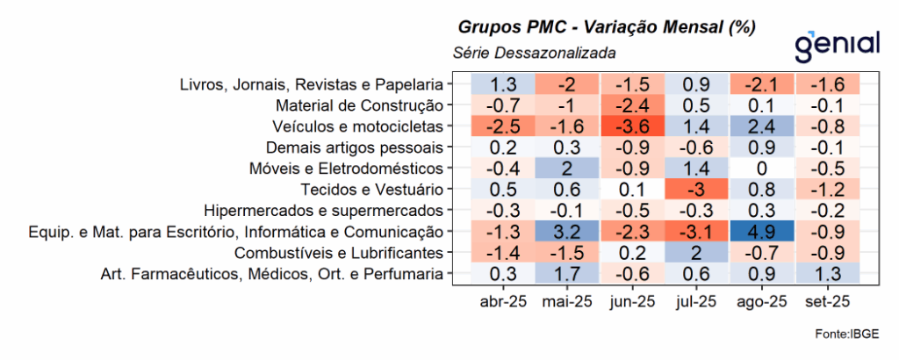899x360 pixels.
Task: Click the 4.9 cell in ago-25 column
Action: coord(761,233)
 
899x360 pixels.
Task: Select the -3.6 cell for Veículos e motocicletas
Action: coord(632,126)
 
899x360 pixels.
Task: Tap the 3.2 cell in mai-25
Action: coord(567,233)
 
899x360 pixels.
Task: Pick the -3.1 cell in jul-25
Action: coord(696,233)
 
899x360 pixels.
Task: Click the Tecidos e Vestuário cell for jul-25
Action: coord(696,190)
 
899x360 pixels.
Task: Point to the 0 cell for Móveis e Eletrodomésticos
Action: coord(761,169)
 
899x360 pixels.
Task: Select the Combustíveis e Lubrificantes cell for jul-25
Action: coord(696,254)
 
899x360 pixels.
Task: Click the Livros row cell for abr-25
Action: coord(503,84)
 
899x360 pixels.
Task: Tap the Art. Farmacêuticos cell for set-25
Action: coord(826,275)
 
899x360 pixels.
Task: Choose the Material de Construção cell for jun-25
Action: coord(632,105)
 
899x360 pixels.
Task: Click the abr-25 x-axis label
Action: coord(503,303)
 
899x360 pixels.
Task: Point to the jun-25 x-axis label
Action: coord(632,303)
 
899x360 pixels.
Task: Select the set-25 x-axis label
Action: coord(826,303)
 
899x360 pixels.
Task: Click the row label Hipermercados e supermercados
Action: coord(322,212)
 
